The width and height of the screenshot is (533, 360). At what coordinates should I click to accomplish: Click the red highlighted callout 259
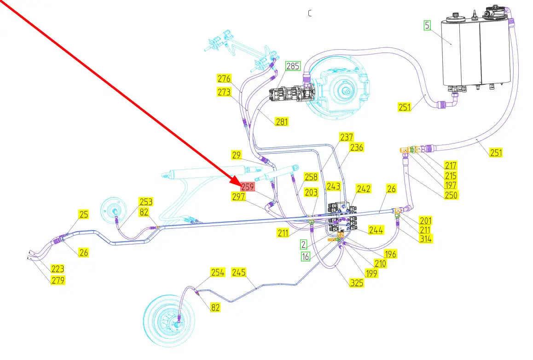(248, 187)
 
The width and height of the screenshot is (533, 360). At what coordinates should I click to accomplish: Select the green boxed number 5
(428, 25)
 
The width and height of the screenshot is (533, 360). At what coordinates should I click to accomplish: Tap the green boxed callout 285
(292, 66)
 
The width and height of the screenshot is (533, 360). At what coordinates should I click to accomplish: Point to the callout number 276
(224, 79)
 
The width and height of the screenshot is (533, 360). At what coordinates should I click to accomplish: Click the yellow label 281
(282, 122)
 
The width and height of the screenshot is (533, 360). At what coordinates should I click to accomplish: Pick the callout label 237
(347, 137)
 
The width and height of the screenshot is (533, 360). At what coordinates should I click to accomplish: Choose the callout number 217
(450, 165)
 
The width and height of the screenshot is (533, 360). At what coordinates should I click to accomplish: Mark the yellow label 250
(451, 195)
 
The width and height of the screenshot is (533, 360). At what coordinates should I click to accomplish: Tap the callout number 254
(217, 273)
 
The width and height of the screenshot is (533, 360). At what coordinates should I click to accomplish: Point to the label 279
(58, 280)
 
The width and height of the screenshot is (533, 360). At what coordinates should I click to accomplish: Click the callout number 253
(146, 202)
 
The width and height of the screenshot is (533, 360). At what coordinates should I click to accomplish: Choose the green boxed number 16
(306, 256)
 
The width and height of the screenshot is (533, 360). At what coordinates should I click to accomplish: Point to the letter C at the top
(310, 13)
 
